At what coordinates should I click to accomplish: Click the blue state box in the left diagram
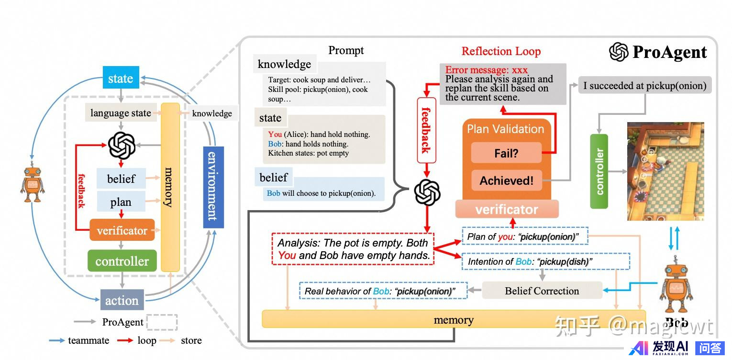(121, 78)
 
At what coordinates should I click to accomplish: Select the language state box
(121, 113)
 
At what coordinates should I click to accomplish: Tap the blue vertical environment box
(212, 187)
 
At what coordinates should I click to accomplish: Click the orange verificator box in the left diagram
(122, 230)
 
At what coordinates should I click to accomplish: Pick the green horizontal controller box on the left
(122, 261)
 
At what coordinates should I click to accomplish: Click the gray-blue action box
(122, 300)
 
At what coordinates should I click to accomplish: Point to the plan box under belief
(121, 202)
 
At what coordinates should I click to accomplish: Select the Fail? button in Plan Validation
(506, 153)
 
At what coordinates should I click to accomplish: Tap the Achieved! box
(506, 180)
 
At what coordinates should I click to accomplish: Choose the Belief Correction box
(542, 291)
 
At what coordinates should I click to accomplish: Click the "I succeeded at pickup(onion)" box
(644, 86)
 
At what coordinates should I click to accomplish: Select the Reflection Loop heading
(501, 51)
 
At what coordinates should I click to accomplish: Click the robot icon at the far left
(32, 184)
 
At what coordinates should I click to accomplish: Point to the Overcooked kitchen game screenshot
(665, 171)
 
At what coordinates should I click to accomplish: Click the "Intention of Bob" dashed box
(545, 261)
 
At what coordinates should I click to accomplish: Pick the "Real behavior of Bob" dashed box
(383, 291)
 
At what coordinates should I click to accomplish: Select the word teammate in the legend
(89, 340)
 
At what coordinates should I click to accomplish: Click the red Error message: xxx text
(486, 70)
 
